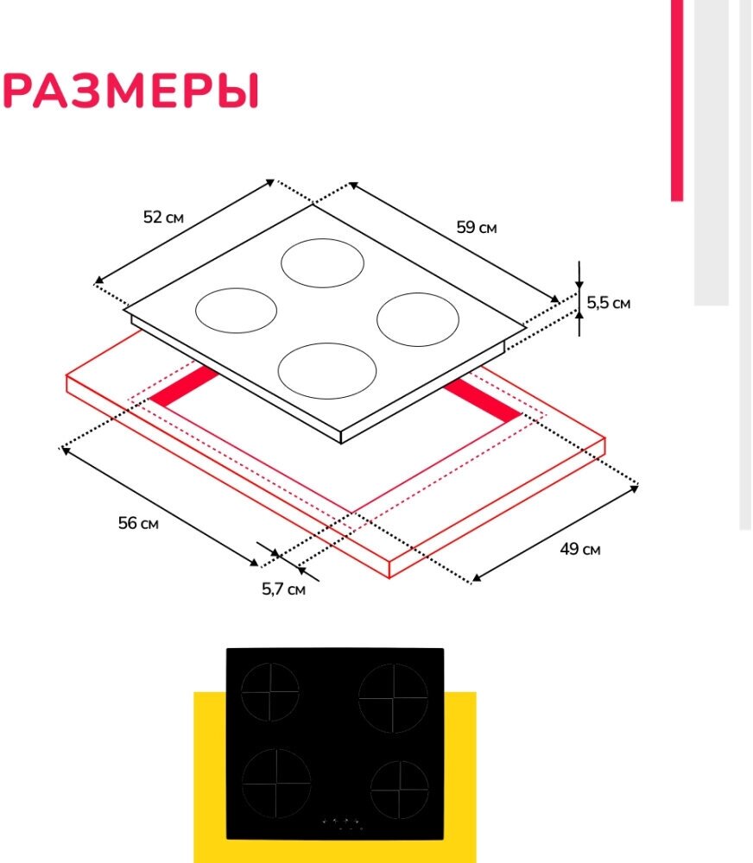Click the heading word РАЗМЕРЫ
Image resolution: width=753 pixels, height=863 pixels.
[x=131, y=91]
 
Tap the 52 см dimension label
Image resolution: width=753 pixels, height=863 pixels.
[x=164, y=217]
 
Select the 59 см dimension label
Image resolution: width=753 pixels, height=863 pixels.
[x=477, y=228]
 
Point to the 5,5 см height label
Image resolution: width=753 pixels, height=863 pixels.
[x=609, y=303]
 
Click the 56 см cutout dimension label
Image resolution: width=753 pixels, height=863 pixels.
[x=138, y=523]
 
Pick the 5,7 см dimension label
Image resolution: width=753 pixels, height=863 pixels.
[x=284, y=589]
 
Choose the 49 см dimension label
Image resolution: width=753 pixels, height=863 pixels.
[x=579, y=549]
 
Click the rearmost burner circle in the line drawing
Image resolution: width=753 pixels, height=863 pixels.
[x=323, y=262]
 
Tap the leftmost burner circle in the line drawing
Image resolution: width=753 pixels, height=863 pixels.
[x=236, y=310]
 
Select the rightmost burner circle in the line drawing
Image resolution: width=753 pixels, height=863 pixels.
[x=417, y=319]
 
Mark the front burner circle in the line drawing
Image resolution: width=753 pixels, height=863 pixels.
[x=327, y=371]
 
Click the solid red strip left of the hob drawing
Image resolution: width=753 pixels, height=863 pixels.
[x=185, y=387]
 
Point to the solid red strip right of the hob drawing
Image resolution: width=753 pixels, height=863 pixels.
[x=484, y=401]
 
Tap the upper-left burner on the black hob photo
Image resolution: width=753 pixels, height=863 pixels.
[x=270, y=692]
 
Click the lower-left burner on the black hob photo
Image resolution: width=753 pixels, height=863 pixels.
[x=275, y=783]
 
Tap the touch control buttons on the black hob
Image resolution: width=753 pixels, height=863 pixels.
[x=342, y=824]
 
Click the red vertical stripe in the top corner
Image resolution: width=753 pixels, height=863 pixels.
[x=676, y=99]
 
